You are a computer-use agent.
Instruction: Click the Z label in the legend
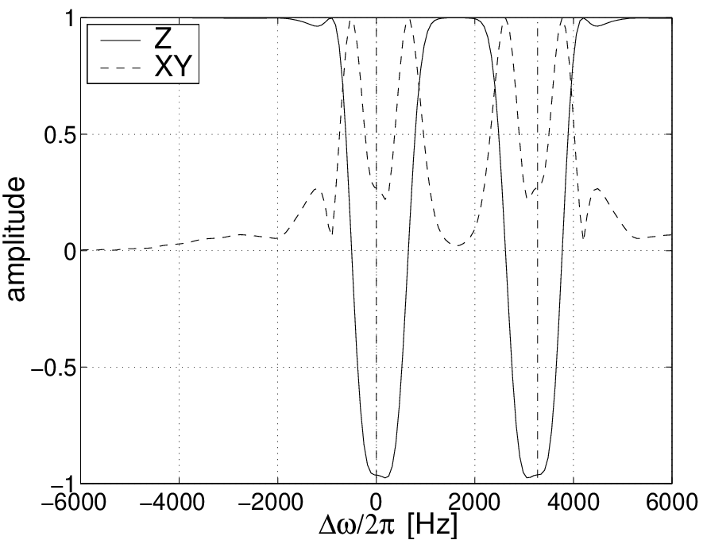163,40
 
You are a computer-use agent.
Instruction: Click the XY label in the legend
172,67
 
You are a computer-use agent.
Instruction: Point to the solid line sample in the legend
120,40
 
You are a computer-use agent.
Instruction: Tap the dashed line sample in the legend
120,68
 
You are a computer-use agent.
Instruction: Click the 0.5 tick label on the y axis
60,134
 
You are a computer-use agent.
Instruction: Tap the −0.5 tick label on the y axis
53,368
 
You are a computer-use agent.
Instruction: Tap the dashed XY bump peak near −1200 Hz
315,189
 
